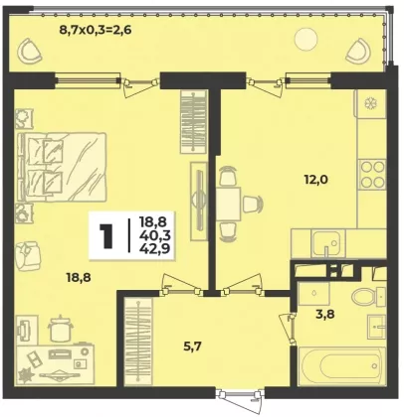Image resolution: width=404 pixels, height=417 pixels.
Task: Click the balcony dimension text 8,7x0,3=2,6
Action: click(96, 30)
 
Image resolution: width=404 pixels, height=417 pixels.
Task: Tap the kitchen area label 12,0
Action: click(316, 180)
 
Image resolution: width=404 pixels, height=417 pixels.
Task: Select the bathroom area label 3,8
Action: click(324, 313)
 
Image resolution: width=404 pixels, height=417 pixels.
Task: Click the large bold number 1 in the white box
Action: click(106, 235)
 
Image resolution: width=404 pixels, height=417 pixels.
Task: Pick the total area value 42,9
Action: click(155, 248)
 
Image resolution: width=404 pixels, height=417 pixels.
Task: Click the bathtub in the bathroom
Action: click(342, 366)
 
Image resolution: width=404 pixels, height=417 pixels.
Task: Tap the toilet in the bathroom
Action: click(368, 297)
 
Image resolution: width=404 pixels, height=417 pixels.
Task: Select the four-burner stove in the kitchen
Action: click(372, 174)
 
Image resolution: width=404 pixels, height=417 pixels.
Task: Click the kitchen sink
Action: click(327, 243)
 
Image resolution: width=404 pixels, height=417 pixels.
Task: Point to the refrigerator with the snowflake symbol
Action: click(370, 103)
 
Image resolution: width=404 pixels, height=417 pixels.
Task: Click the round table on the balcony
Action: click(305, 40)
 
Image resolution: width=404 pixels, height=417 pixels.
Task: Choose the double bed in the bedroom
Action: click(63, 167)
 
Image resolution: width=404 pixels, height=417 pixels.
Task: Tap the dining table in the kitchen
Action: click(229, 204)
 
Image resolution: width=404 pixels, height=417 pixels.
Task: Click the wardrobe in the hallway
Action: click(138, 342)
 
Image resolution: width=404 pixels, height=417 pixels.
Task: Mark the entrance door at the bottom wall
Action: click(240, 397)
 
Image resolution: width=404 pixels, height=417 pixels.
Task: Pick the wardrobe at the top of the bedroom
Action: click(193, 121)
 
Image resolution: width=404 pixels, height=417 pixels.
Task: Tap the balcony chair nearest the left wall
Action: click(29, 51)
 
